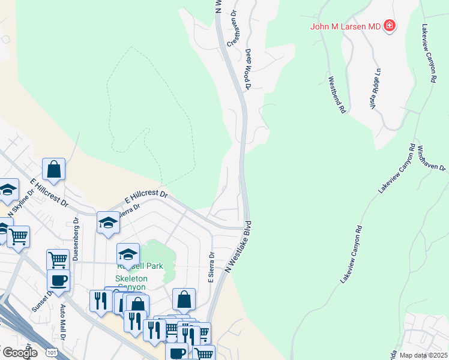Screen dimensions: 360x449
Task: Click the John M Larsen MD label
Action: tap(345, 26)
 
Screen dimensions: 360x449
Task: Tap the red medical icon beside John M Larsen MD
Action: tap(390, 25)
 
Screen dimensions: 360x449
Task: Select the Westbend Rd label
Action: tap(337, 95)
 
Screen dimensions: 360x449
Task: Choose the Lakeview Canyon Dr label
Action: tap(429, 53)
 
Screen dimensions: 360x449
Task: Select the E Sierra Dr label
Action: tap(212, 266)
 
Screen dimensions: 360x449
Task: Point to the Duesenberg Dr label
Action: tap(76, 239)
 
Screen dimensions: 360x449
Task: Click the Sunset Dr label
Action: tap(43, 299)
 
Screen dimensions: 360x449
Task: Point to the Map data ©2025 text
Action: tap(423, 355)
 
